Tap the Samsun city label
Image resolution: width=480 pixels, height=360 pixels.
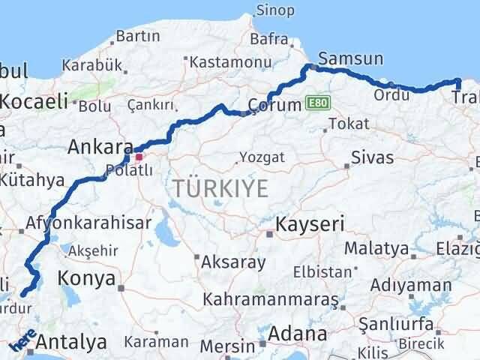[350, 58]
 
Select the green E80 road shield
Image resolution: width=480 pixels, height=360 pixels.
[316, 103]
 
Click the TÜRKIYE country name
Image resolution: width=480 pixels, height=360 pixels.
[220, 189]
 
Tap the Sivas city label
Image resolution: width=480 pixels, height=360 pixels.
[372, 157]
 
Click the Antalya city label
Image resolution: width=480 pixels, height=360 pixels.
[70, 343]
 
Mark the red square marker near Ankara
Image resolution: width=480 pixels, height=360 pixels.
[139, 157]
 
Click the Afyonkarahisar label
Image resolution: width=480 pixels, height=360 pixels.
[88, 223]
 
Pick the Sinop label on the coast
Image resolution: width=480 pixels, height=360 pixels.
[275, 10]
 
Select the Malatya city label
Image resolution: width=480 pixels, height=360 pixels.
[376, 248]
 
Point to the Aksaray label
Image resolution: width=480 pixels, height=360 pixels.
[233, 262]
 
